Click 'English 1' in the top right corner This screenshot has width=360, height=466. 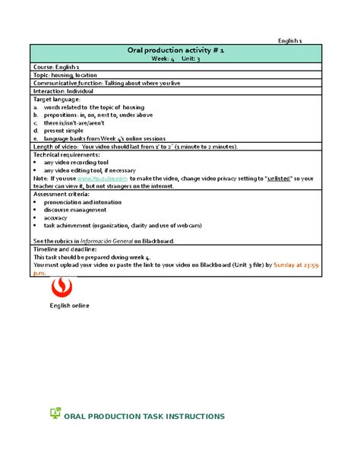291,40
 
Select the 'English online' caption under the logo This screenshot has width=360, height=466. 69,306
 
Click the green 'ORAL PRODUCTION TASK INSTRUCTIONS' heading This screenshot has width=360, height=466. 144,417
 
